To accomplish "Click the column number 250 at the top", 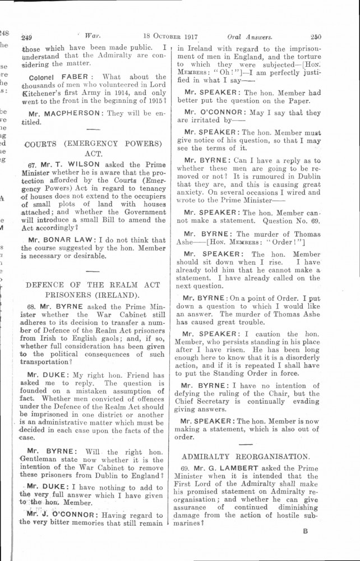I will (x=315, y=38).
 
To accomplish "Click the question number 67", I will (x=31, y=167).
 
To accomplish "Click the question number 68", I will (x=31, y=308).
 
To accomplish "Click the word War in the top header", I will (x=86, y=38).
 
